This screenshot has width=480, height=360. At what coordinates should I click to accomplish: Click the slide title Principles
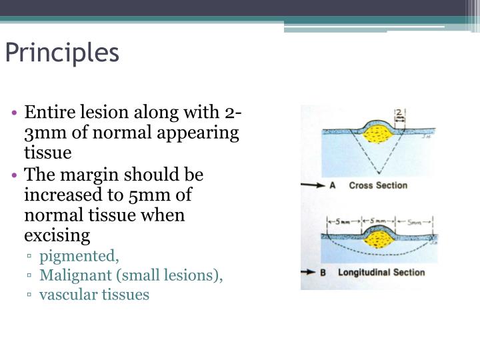62,53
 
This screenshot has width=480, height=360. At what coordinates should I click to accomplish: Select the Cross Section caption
378,185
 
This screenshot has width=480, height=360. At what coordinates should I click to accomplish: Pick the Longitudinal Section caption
381,273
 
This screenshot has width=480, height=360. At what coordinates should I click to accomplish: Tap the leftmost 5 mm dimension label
343,221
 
